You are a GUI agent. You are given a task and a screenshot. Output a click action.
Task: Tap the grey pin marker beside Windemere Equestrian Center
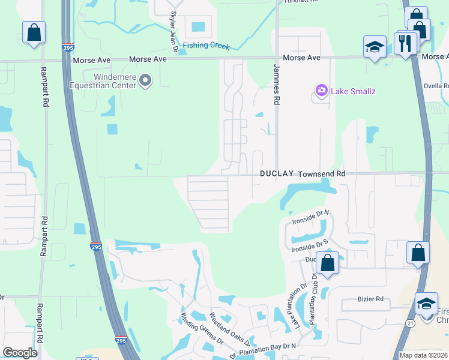[x=145, y=80]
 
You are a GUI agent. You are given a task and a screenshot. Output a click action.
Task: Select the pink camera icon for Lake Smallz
[x=322, y=91]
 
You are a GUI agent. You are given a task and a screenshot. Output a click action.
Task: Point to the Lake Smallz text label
[x=353, y=91]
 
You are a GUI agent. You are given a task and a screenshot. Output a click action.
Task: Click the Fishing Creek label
[x=206, y=45]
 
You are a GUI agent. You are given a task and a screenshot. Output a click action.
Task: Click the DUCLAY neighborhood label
[x=277, y=173]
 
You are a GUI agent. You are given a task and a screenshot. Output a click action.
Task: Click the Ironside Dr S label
[x=309, y=245]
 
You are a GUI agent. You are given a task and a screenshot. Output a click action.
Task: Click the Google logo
[x=20, y=353]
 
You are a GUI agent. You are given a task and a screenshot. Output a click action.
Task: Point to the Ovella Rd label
[x=437, y=85]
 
